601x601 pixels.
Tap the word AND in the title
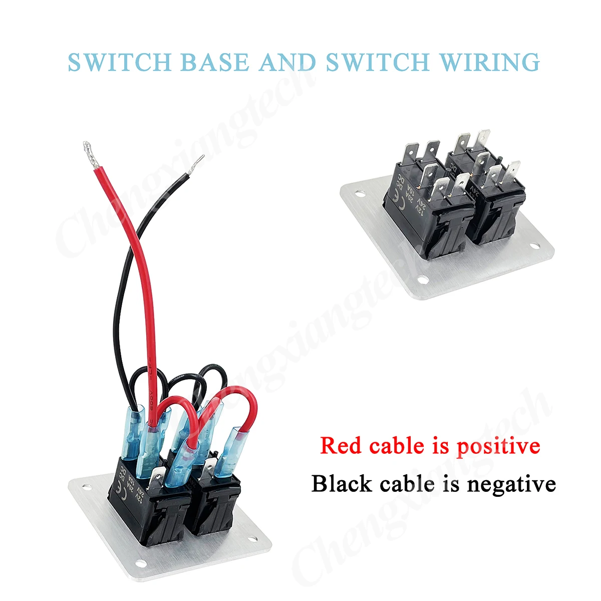(287, 62)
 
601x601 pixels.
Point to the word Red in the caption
(341, 445)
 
